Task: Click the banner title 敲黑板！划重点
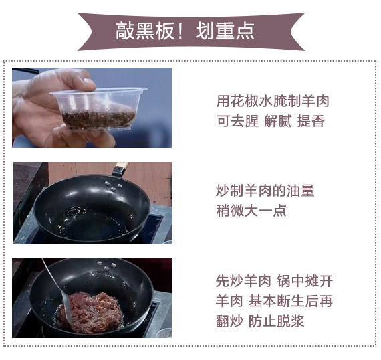[184, 31]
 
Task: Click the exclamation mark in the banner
[180, 31]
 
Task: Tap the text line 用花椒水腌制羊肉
[273, 101]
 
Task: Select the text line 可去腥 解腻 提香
[271, 121]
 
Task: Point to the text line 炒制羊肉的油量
[265, 191]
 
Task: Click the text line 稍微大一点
[251, 211]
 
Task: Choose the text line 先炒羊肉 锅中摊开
[274, 281]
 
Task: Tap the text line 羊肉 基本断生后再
[274, 301]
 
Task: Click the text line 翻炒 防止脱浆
[260, 321]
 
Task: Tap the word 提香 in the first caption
[311, 121]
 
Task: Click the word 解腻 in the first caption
[278, 121]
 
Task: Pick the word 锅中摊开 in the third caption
[305, 281]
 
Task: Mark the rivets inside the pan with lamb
[106, 266]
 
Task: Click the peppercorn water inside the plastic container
[98, 120]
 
